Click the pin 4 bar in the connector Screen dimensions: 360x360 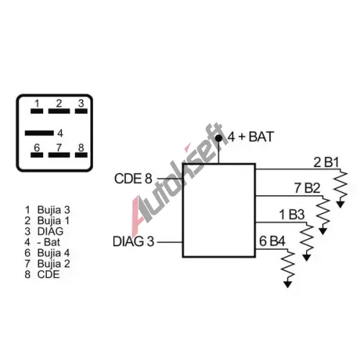(40, 133)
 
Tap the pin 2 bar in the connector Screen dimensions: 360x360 (59, 111)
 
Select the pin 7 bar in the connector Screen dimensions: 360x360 (59, 155)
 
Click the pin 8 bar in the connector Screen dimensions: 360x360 (81, 155)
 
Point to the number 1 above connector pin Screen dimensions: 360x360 (37, 104)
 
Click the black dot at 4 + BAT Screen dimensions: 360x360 (219, 138)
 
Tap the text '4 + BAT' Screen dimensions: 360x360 (251, 137)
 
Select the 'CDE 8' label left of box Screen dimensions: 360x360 (133, 179)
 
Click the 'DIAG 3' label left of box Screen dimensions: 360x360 (133, 241)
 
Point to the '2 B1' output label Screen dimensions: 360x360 (326, 163)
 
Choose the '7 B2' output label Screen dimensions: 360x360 (307, 188)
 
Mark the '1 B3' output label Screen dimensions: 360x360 (292, 215)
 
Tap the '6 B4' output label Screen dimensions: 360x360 (272, 241)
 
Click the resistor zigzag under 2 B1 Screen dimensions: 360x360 (341, 185)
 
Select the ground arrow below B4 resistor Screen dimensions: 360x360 (287, 284)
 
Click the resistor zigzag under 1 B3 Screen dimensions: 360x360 (307, 238)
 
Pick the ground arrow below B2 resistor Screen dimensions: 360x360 (323, 231)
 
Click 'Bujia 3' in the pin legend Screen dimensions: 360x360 (53, 210)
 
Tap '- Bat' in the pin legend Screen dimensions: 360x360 (49, 242)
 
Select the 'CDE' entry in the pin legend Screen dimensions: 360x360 (48, 274)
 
